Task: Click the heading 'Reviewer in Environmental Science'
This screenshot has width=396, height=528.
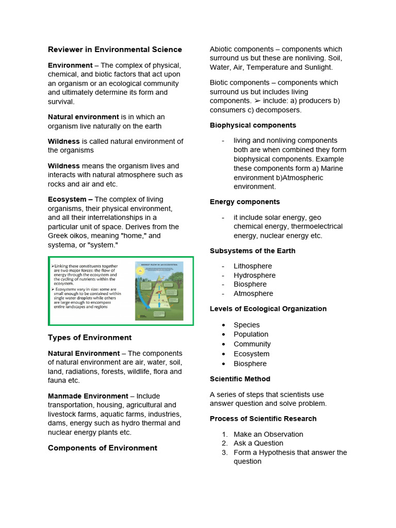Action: coord(114,49)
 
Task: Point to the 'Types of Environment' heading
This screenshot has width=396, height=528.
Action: coord(90,338)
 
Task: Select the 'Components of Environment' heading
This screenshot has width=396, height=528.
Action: coord(102,448)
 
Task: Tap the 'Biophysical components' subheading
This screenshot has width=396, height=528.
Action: coord(253,125)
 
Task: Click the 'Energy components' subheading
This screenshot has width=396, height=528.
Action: coord(244,202)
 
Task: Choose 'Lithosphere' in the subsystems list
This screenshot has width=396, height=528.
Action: coord(253,266)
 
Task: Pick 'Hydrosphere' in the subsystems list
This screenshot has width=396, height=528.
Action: coord(254,275)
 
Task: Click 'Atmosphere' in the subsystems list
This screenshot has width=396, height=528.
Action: coord(253,293)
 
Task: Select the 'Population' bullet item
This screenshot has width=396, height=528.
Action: coord(251,334)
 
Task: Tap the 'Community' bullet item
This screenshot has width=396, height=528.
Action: coord(252,344)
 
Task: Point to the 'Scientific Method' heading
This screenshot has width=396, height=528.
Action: coord(240,379)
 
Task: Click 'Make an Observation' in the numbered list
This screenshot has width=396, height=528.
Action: coord(268,434)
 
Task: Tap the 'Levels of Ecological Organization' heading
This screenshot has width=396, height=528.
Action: coord(268,309)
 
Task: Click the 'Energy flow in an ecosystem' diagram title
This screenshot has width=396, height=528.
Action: coord(159,264)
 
